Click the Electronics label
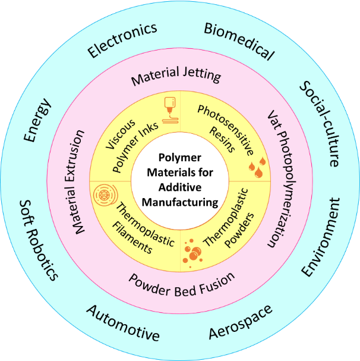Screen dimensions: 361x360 point(123,40)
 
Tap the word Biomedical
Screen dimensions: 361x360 point(239,42)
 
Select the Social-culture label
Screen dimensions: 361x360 point(320,123)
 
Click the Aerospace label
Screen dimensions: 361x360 point(240,322)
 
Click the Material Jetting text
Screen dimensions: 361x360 point(176,77)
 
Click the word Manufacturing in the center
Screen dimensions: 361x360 point(180,202)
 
